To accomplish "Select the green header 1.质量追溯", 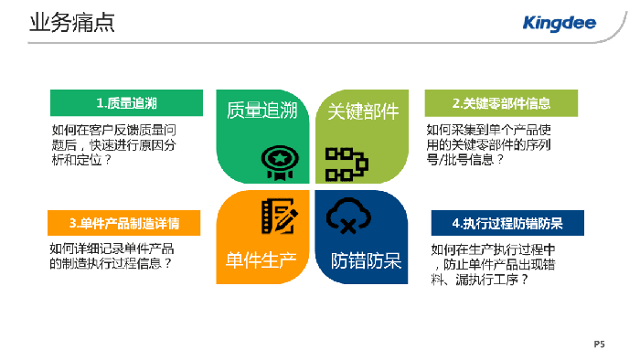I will click(x=125, y=102).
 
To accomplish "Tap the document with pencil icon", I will click(x=276, y=217).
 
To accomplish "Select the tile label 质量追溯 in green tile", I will click(x=262, y=111).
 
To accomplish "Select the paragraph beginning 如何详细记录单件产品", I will click(x=112, y=257).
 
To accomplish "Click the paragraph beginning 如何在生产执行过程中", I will click(x=494, y=265).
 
